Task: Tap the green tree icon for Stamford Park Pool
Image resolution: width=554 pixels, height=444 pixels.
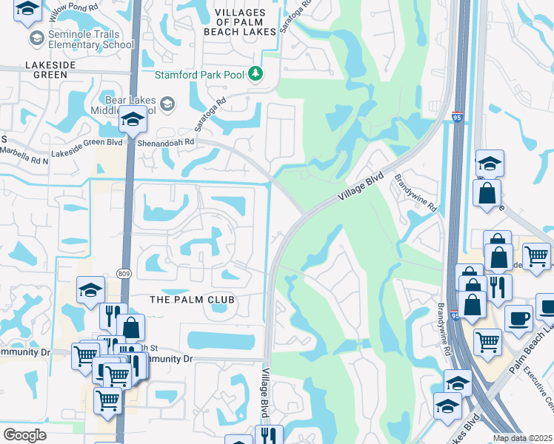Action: [x=256, y=73]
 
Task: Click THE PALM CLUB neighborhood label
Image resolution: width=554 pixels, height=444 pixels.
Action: [x=192, y=300]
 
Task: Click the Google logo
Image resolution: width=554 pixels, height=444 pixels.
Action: [x=24, y=434]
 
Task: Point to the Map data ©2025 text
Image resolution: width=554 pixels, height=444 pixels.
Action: [x=522, y=438]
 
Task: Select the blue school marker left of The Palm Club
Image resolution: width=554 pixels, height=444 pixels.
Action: [x=90, y=291]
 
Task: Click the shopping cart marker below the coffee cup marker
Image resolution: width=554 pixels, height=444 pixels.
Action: [x=487, y=343]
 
